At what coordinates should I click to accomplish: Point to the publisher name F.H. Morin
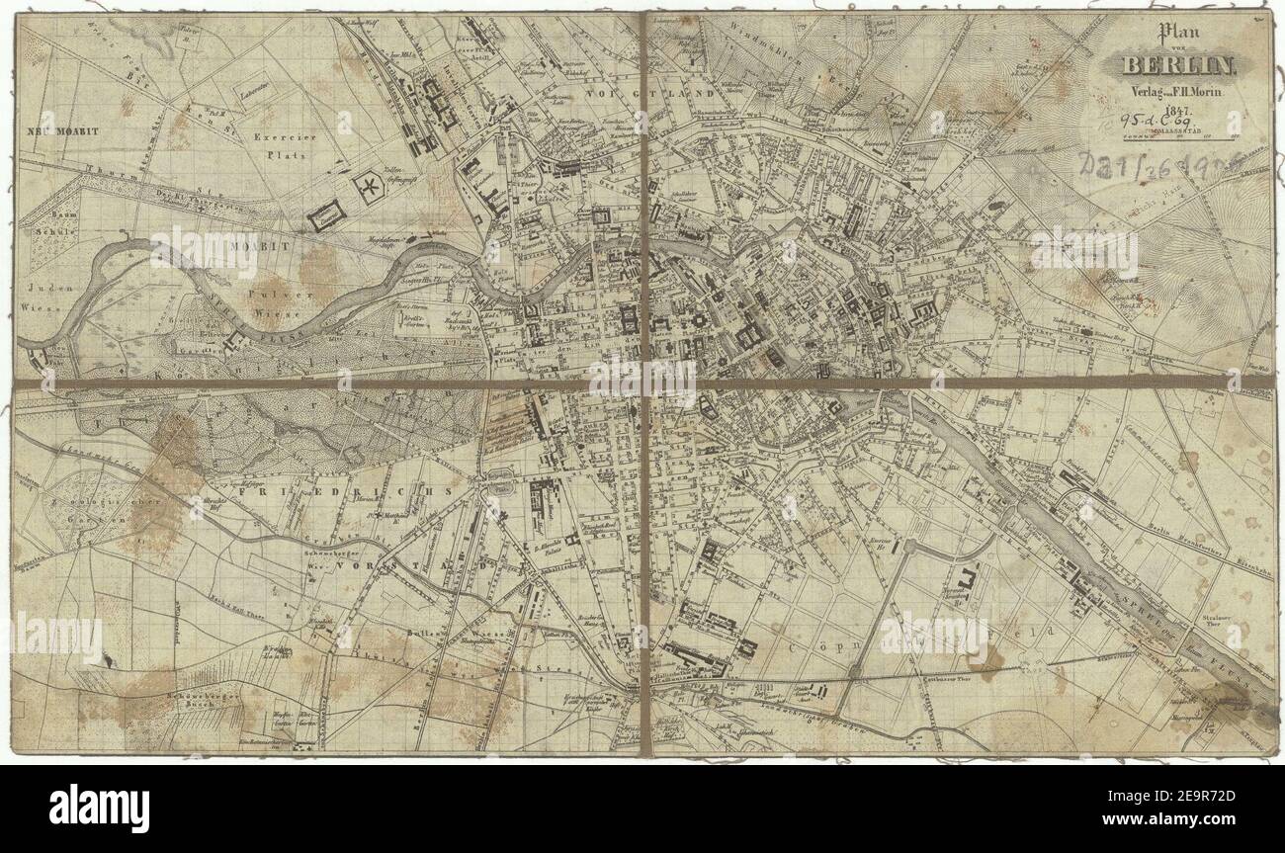[1200, 92]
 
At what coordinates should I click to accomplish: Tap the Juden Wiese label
[40, 298]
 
